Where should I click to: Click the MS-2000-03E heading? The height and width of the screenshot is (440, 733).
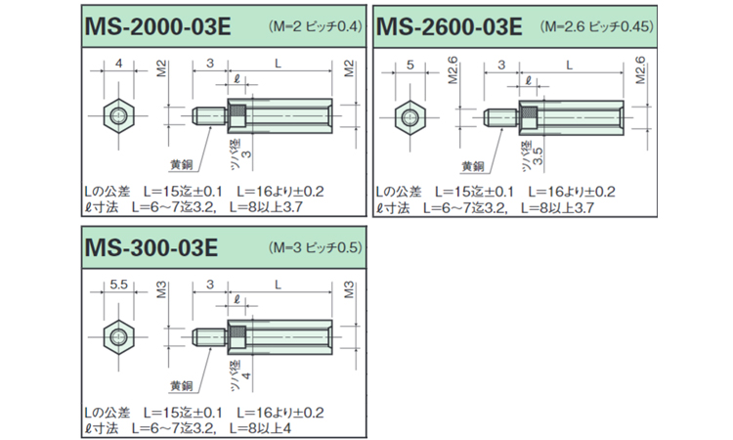coord(158,26)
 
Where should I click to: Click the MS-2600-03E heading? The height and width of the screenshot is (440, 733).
coord(449,26)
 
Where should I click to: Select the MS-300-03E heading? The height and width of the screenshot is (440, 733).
coord(151,247)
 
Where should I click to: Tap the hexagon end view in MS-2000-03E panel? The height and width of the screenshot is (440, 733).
coord(118,115)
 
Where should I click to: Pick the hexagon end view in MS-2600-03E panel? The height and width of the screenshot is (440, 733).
coord(410,117)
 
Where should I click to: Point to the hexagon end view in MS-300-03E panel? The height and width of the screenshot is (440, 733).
coord(118,336)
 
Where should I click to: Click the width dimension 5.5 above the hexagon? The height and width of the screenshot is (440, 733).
coord(118,285)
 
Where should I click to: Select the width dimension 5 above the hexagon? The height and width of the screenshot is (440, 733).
coord(410,65)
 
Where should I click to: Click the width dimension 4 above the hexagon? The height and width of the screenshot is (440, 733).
coord(118,64)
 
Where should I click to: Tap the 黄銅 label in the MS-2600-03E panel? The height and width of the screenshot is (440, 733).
coord(473,166)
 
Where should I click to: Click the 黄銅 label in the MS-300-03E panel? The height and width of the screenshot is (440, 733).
coord(182,386)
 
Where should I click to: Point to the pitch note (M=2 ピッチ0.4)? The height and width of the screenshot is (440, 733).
coord(316,26)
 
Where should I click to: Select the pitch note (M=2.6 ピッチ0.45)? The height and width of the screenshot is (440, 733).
coord(597,26)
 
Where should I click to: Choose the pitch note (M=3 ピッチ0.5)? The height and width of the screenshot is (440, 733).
coord(316,247)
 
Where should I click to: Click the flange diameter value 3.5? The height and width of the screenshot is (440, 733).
coord(539,156)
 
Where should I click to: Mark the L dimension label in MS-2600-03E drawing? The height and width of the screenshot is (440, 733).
coord(570,65)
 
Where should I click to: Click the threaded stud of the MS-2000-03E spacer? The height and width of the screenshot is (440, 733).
coord(210,115)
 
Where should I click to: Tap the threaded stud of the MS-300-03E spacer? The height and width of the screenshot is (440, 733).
coord(210,336)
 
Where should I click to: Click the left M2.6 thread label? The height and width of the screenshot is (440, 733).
coord(453,70)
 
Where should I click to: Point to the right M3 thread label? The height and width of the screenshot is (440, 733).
coord(349,289)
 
